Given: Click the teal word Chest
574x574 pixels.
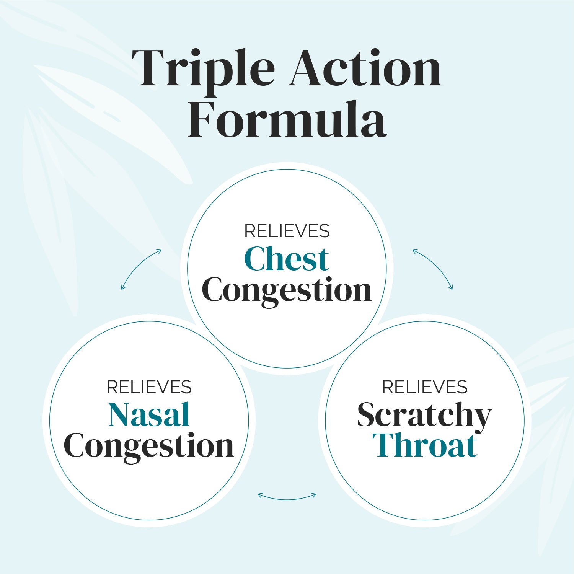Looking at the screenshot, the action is (287, 259).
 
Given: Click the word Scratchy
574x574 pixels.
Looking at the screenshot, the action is (424, 416).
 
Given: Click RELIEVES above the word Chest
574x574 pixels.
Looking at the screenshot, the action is (287, 231).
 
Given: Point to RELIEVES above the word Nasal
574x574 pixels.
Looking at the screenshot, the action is (149, 387).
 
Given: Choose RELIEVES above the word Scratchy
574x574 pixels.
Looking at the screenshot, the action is (425, 387).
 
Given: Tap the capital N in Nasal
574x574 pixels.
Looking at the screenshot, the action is (122, 414).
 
